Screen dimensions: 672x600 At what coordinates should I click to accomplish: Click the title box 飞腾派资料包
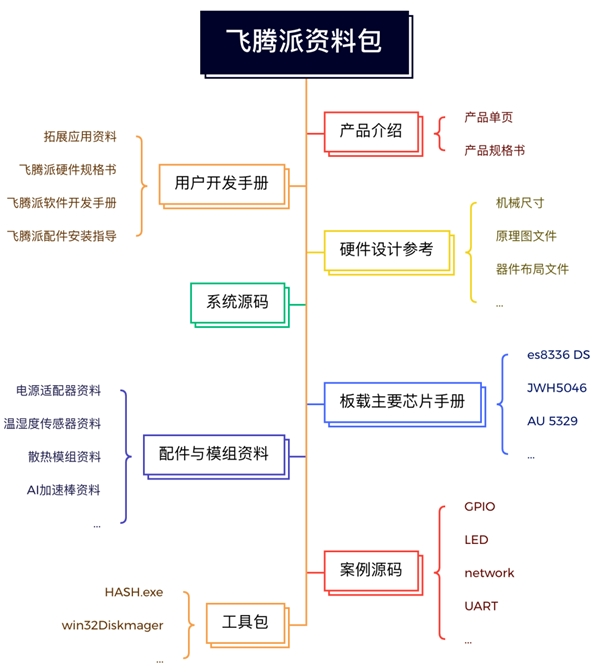(302, 42)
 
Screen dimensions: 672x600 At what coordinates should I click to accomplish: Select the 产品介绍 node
(370, 130)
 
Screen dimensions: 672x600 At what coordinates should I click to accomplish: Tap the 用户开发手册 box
(221, 184)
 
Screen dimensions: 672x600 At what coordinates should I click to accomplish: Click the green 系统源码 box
(237, 301)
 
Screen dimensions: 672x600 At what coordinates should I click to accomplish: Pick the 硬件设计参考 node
(386, 250)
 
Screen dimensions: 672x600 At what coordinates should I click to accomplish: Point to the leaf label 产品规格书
(494, 150)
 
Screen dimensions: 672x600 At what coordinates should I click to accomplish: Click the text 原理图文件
(525, 236)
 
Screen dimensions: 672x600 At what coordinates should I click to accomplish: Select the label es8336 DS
(558, 355)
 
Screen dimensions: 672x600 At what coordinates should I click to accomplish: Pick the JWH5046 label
(556, 388)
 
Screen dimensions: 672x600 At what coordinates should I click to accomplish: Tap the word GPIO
(479, 507)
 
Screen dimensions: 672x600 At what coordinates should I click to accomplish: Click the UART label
(481, 606)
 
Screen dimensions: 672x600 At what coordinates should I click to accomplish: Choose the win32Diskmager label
(112, 626)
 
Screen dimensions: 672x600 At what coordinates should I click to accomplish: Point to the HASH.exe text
(133, 593)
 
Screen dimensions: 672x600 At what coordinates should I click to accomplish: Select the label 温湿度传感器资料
(52, 424)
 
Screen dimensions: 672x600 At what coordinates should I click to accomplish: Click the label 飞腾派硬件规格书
(67, 170)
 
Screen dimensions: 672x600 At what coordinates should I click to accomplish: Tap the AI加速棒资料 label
(64, 490)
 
